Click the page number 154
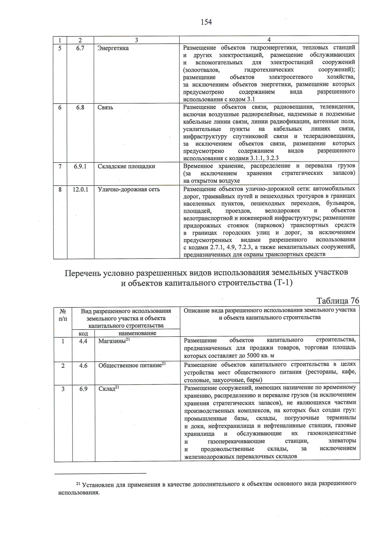206,22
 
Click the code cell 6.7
80,48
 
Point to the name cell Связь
105,107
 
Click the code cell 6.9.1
80,166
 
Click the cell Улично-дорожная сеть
129,189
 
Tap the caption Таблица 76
338,301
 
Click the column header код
83,333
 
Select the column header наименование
137,333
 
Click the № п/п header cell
63,314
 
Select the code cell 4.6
83,366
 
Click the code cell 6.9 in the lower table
83,389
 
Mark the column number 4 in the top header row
269,40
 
